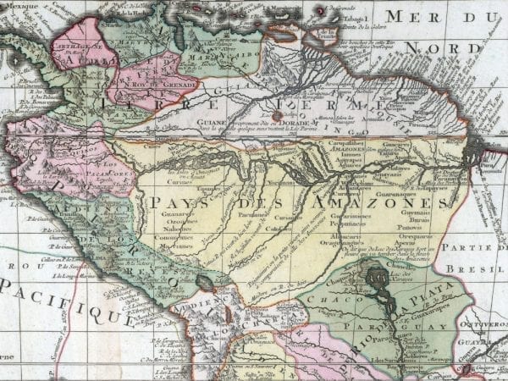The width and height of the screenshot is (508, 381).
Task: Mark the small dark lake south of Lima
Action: pyautogui.click(x=204, y=280)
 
